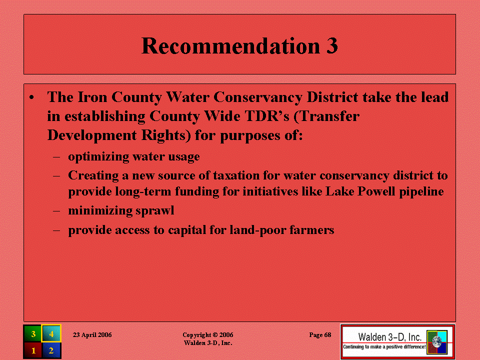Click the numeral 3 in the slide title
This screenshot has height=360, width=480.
pyautogui.click(x=332, y=46)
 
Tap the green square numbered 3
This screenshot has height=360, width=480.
pyautogui.click(x=32, y=333)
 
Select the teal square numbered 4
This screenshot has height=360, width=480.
pyautogui.click(x=51, y=333)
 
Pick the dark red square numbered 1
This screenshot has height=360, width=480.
pyautogui.click(x=32, y=350)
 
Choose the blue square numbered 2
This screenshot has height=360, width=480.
pyautogui.click(x=51, y=350)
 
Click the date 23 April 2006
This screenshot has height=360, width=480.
pyautogui.click(x=92, y=335)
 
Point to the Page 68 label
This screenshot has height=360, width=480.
pyautogui.click(x=320, y=335)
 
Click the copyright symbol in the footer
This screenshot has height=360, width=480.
pyautogui.click(x=215, y=335)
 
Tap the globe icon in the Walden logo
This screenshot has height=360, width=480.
pyautogui.click(x=437, y=342)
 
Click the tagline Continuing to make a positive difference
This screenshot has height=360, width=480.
pyautogui.click(x=384, y=347)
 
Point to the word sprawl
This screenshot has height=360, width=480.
pyautogui.click(x=154, y=211)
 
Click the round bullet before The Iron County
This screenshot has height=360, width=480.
pyautogui.click(x=31, y=98)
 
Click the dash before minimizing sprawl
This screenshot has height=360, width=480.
pyautogui.click(x=56, y=211)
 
